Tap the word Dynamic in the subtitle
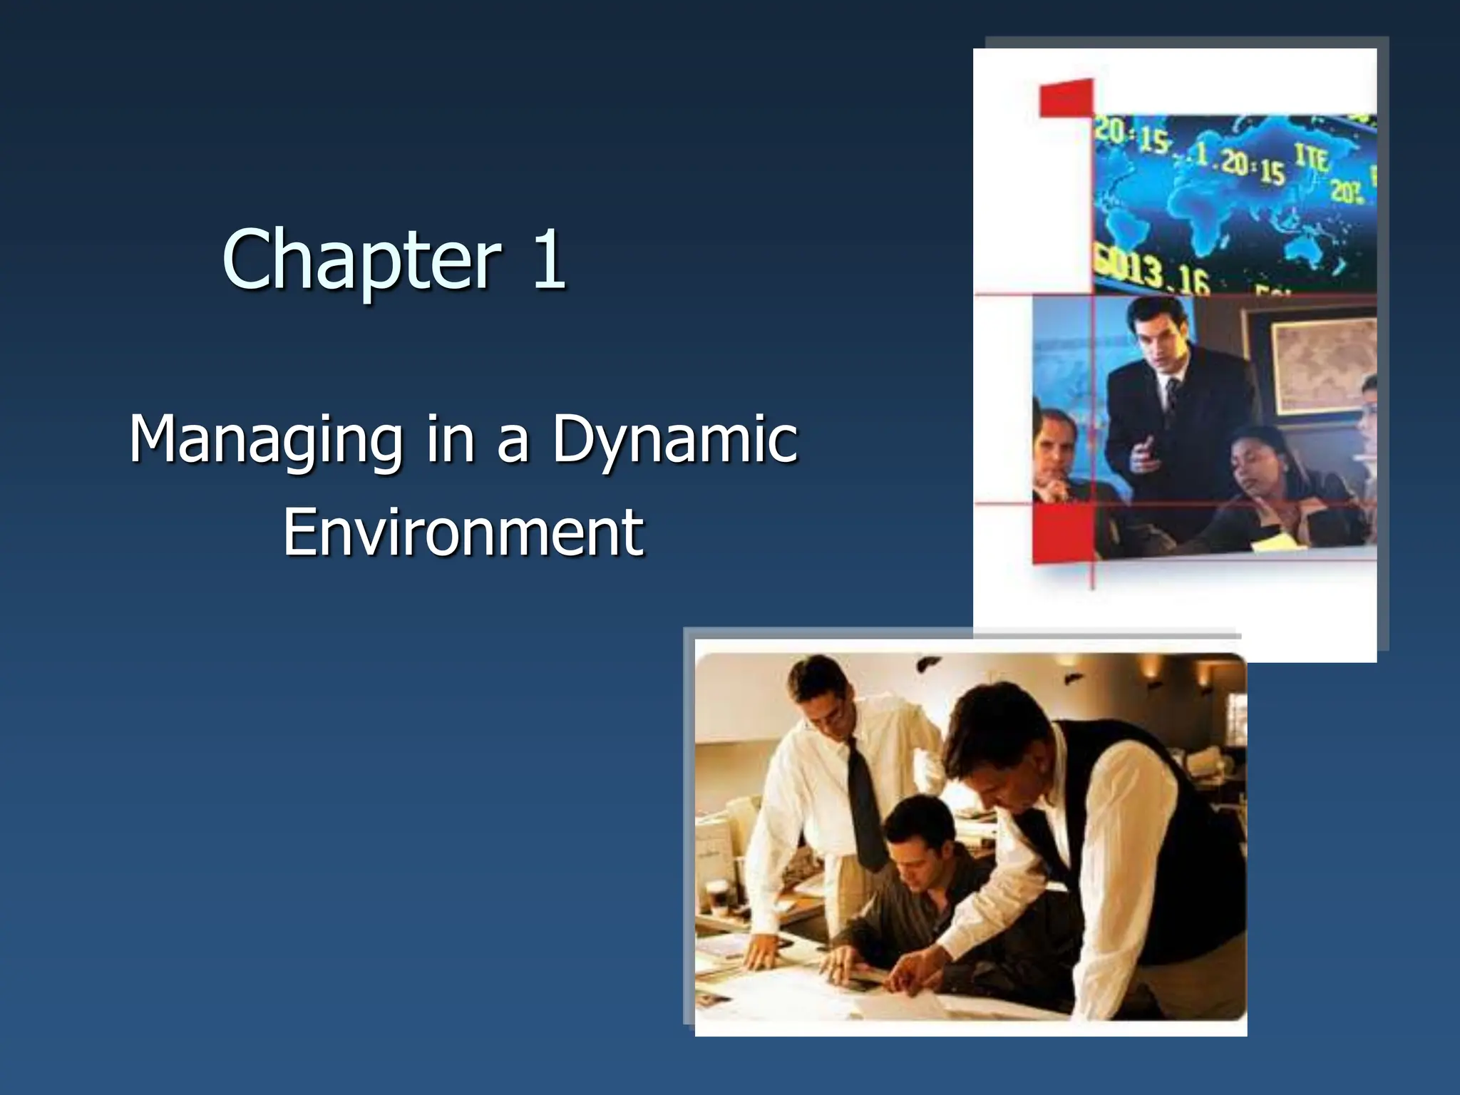[674, 441]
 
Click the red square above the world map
[1066, 98]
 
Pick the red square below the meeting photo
[1063, 535]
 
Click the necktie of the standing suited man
[1172, 399]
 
